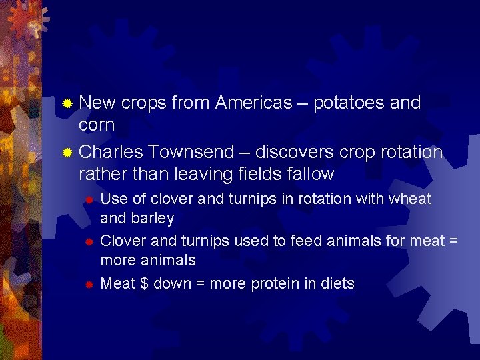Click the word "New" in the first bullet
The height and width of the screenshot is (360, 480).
pyautogui.click(x=97, y=103)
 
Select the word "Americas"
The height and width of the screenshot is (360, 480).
pyautogui.click(x=253, y=103)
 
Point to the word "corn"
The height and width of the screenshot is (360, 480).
pyautogui.click(x=97, y=125)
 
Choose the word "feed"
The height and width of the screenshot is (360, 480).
pyautogui.click(x=281, y=240)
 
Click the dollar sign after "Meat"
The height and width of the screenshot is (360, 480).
pyautogui.click(x=144, y=283)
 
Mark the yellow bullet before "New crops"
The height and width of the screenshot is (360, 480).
pyautogui.click(x=67, y=103)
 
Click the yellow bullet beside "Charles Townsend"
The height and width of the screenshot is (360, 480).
pyautogui.click(x=67, y=153)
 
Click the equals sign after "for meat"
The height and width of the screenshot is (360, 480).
pyautogui.click(x=453, y=241)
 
